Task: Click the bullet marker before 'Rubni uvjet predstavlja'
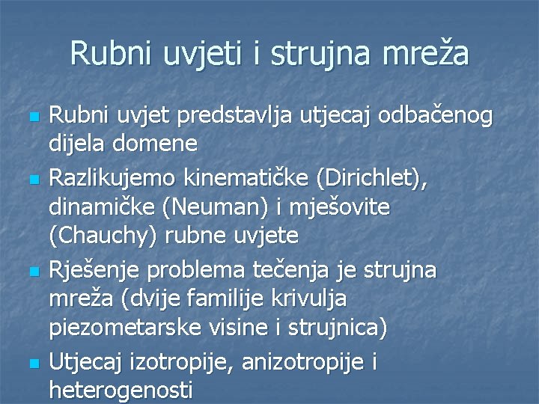(30, 118)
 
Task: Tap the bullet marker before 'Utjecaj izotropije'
(30, 364)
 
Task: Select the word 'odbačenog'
(437, 115)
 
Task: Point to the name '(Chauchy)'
(103, 237)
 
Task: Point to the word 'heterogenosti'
(121, 390)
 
